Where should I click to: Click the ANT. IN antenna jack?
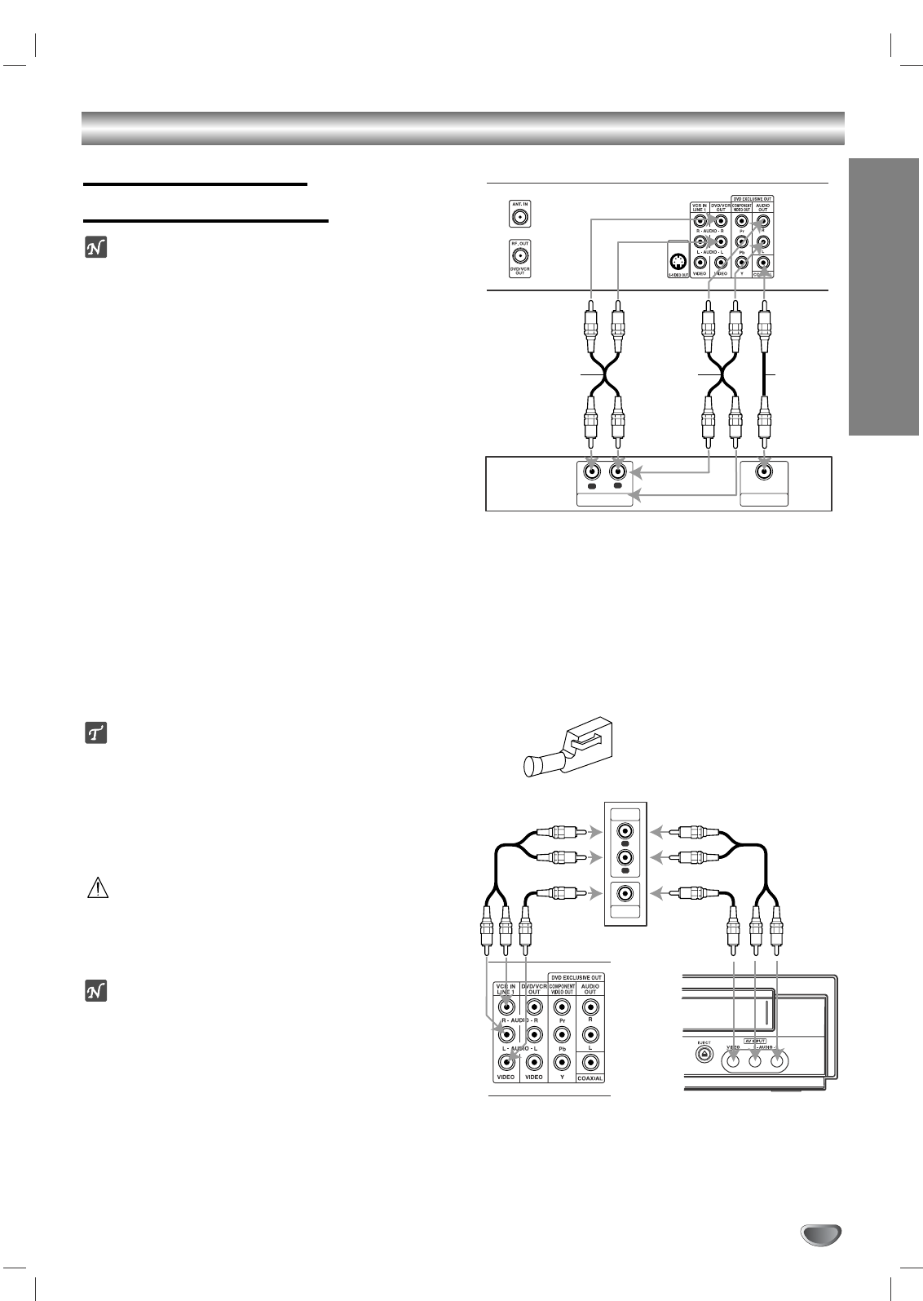click(x=518, y=216)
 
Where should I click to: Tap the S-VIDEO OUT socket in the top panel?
click(x=676, y=263)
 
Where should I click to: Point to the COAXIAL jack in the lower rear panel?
click(x=590, y=1062)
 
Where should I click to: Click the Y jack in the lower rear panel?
click(x=561, y=1062)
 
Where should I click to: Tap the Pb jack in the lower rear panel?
click(x=561, y=1034)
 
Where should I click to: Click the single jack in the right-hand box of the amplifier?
click(x=764, y=471)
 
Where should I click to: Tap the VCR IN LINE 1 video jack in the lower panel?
click(x=506, y=1062)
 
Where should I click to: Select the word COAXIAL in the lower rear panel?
click(x=590, y=1078)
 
